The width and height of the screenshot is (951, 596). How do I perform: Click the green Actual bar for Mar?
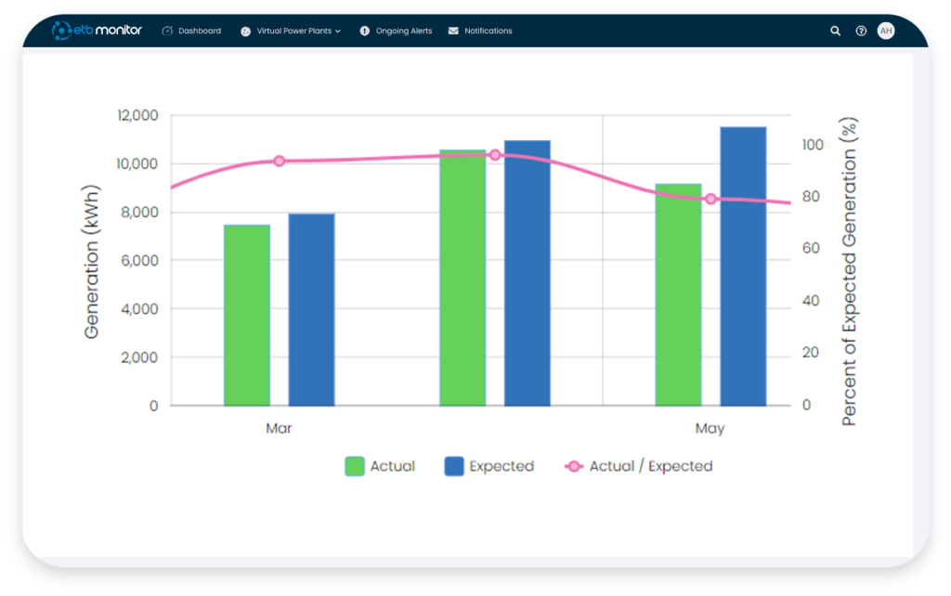coord(246,316)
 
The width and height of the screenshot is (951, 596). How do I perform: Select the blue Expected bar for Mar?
coord(311,310)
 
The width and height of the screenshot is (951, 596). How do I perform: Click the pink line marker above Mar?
coord(279,161)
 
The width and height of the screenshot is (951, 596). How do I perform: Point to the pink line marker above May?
coord(710,199)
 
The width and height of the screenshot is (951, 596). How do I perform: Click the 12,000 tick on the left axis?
coord(137,115)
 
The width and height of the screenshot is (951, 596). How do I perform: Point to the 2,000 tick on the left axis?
coord(139,357)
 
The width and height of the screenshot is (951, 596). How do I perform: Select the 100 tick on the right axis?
coord(814,145)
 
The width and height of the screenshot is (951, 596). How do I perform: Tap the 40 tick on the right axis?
coord(810,301)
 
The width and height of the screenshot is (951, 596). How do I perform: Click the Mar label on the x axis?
coord(279,429)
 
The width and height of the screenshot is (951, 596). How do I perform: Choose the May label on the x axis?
coord(710,429)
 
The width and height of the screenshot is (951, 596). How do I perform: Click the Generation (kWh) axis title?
coord(93,261)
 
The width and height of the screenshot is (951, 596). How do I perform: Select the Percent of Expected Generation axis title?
coord(848,272)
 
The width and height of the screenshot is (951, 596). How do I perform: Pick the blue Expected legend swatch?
coord(454,466)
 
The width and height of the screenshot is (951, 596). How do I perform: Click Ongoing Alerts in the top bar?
coord(403,31)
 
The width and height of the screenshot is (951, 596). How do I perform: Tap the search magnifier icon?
coord(835,31)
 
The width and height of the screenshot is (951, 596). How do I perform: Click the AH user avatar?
coord(886,31)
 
